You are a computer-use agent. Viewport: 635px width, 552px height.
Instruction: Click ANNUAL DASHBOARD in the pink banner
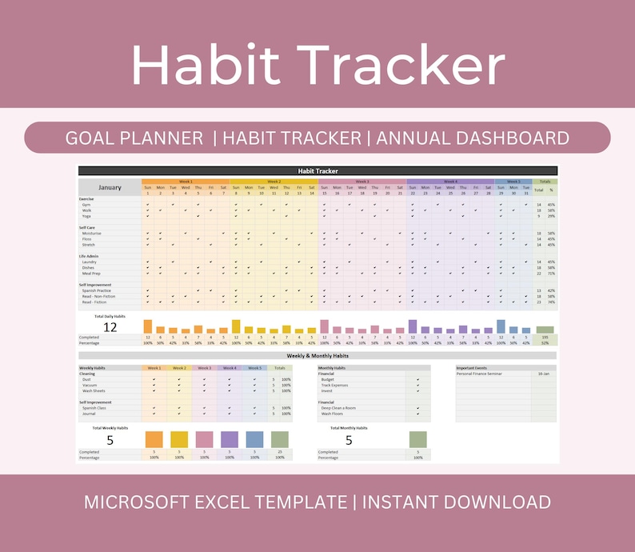[473, 138]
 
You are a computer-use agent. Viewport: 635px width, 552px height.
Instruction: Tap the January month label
[110, 187]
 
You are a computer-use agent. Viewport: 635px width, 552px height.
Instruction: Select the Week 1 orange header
[186, 182]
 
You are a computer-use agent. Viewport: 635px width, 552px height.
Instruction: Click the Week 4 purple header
[450, 182]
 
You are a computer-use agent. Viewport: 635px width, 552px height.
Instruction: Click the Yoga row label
[86, 216]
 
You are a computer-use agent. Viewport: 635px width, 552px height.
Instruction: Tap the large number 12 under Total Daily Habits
[110, 327]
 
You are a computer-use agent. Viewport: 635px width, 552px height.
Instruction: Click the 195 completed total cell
[545, 337]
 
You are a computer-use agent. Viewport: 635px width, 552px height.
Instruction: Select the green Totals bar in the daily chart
[545, 329]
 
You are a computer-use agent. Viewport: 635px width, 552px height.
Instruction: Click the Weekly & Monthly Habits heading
[317, 356]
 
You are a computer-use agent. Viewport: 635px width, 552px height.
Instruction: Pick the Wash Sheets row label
[94, 390]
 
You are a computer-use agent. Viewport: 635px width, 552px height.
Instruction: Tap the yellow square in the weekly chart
[179, 439]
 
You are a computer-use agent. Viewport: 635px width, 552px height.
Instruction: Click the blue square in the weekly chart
[254, 439]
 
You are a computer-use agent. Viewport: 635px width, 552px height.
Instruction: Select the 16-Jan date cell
[543, 374]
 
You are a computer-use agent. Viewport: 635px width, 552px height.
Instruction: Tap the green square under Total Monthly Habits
[417, 439]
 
